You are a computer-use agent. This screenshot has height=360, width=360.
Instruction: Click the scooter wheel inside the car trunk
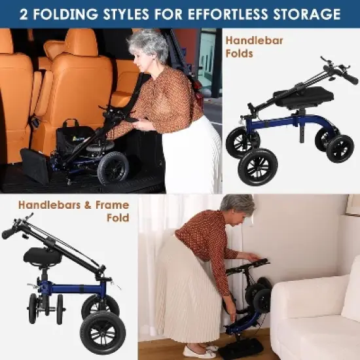113,167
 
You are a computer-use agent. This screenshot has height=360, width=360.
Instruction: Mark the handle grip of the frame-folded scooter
9,233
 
